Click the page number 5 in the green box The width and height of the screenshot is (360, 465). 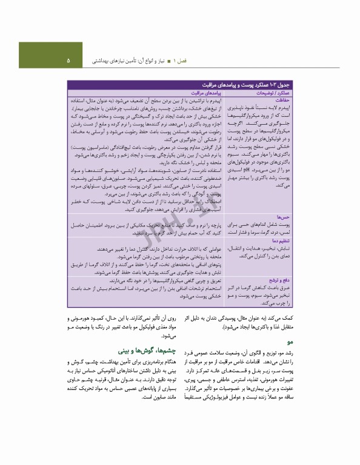[x=68, y=61]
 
